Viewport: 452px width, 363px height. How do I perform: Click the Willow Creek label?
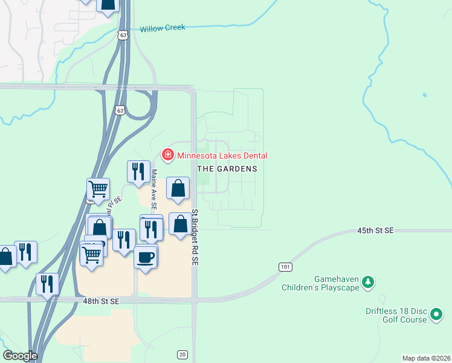pos(162,28)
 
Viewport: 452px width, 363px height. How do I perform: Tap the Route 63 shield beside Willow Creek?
pos(123,36)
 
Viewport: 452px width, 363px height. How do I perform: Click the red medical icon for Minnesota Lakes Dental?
pos(167,155)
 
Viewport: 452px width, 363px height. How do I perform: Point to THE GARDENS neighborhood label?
pos(227,169)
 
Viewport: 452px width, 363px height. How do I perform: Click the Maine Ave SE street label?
pos(154,189)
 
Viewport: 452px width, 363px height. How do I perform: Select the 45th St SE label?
pos(375,231)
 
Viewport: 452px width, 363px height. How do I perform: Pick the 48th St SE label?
pos(106,300)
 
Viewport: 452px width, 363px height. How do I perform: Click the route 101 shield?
pos(285,267)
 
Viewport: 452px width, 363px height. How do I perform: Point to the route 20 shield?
pos(182,354)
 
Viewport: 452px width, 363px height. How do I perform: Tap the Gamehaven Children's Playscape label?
pos(320,283)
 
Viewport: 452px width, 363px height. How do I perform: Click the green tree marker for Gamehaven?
pos(367,282)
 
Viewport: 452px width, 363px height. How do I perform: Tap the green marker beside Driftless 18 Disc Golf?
pos(436,314)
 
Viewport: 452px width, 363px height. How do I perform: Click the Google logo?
pos(20,356)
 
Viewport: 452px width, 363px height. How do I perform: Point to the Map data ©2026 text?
pos(426,358)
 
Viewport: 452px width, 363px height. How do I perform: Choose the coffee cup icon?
pos(146,257)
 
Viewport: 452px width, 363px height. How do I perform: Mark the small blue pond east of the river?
pos(425,95)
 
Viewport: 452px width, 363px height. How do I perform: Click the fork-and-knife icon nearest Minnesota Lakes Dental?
pos(138,172)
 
